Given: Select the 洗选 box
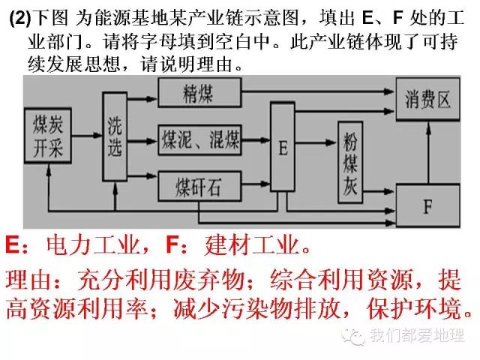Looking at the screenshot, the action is (x=114, y=137).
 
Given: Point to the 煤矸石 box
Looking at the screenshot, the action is (x=199, y=183).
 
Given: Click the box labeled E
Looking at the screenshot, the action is (x=283, y=147).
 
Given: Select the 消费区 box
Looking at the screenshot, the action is (x=427, y=100).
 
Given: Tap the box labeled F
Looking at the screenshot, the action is (x=427, y=204).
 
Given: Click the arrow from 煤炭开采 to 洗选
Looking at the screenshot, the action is (x=87, y=135).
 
